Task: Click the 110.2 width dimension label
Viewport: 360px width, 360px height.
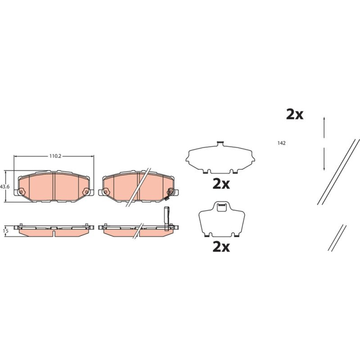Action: click(55, 156)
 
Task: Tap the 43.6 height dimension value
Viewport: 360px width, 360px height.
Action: click(5, 187)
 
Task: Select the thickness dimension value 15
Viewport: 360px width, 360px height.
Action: click(6, 231)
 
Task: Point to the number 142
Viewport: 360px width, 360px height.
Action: click(281, 143)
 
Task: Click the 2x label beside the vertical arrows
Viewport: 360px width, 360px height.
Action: click(295, 114)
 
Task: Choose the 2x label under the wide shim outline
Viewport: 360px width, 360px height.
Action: click(221, 184)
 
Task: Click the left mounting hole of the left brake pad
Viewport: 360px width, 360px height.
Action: click(21, 191)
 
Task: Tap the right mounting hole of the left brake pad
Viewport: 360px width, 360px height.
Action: click(86, 191)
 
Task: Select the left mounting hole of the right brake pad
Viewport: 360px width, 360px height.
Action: click(105, 191)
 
